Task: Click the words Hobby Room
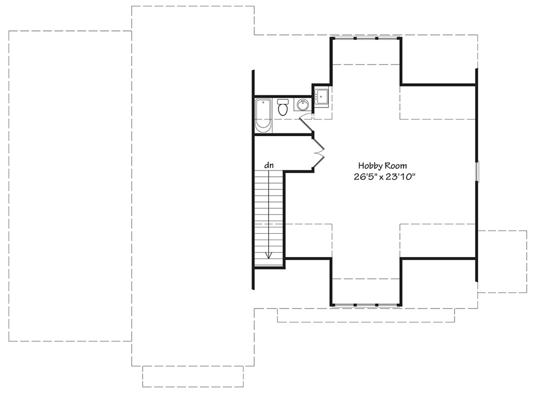(x=383, y=166)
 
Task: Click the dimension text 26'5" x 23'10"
(x=384, y=177)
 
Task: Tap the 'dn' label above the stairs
(x=269, y=165)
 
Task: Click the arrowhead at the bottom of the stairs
(x=268, y=255)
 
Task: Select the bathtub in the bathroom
(x=263, y=116)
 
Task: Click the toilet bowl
(x=283, y=110)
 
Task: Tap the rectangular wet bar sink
(x=322, y=96)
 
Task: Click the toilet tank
(x=283, y=102)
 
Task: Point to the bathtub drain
(x=263, y=103)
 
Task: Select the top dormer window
(x=366, y=38)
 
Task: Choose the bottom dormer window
(x=366, y=305)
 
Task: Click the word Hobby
(x=370, y=166)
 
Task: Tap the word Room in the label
(x=395, y=166)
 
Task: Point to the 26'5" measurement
(x=364, y=177)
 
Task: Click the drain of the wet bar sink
(x=322, y=96)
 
